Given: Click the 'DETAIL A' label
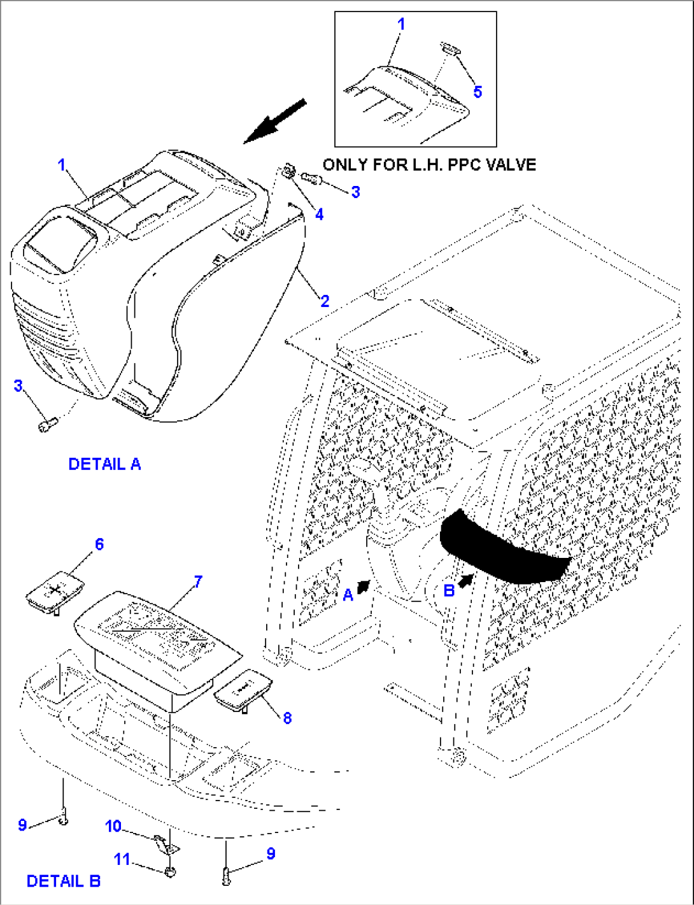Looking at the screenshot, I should tap(104, 464).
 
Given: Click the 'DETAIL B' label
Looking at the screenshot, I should tap(63, 881).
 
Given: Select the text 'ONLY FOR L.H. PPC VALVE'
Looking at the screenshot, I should tap(429, 165).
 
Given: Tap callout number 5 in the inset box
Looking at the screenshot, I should tap(478, 92).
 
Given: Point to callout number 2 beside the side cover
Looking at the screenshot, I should tap(325, 301).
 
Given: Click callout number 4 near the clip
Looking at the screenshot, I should tap(319, 215).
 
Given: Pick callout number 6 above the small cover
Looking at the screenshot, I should tap(99, 545).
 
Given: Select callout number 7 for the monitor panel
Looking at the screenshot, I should tap(198, 581).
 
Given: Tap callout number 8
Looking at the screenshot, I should tap(287, 718).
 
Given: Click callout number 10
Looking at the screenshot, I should tap(113, 826).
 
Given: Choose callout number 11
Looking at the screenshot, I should tap(122, 860).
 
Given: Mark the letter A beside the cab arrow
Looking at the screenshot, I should tap(348, 595).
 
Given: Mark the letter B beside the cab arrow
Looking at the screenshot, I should tap(449, 591).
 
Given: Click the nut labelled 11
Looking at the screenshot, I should tap(170, 872).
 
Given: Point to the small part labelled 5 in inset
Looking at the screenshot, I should tap(450, 48).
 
